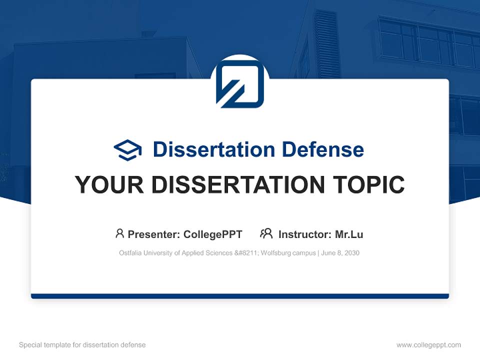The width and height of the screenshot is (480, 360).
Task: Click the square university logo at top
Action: click(240, 84)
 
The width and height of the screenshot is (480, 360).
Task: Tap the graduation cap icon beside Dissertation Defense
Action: click(127, 150)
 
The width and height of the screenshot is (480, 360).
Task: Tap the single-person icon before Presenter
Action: click(119, 233)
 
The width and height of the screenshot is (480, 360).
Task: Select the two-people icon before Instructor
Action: click(266, 233)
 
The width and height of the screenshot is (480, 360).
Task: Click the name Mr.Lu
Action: click(349, 234)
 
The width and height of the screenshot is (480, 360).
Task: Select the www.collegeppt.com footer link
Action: click(428, 345)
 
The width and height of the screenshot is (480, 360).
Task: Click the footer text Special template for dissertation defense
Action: click(82, 345)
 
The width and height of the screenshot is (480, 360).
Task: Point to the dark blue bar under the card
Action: click(240, 296)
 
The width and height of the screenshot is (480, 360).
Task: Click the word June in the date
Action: click(328, 253)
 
